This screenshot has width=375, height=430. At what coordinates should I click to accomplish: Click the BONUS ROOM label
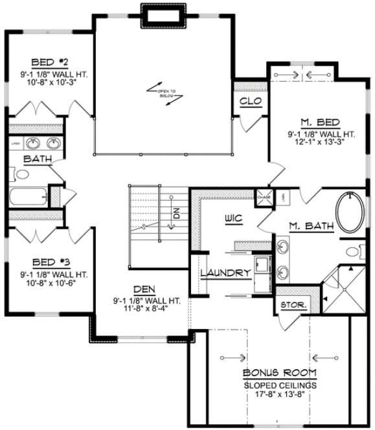pyautogui.click(x=280, y=373)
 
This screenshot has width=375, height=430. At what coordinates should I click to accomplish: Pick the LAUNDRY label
pyautogui.click(x=225, y=273)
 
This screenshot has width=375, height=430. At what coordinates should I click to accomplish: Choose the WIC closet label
pyautogui.click(x=234, y=218)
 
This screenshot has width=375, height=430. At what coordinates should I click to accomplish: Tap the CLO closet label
pyautogui.click(x=250, y=101)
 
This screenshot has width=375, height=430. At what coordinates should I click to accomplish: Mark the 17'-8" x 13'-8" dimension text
pyautogui.click(x=280, y=394)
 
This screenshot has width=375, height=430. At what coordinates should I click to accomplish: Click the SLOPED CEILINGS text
pyautogui.click(x=280, y=384)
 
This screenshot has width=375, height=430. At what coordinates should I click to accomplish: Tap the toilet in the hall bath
pyautogui.click(x=21, y=174)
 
